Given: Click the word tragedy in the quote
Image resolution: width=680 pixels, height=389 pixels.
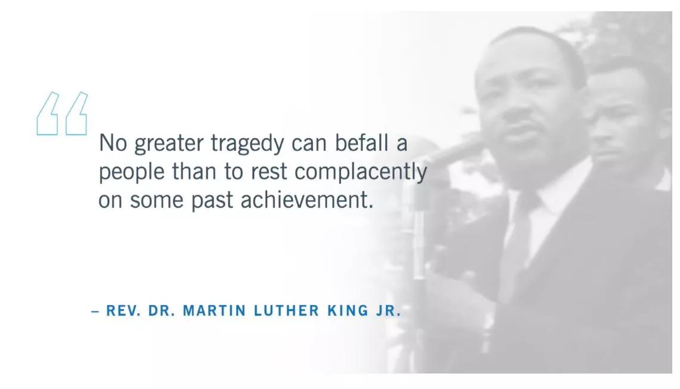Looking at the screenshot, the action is pos(247,144).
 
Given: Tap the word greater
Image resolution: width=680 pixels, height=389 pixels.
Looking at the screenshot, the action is pos(169,144).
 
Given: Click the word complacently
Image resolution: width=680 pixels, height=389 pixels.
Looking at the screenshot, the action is pos(361,172).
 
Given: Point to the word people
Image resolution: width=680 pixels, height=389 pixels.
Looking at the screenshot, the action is pos(132,172).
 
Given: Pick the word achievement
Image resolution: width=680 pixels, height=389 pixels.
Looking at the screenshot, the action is pos(307,200).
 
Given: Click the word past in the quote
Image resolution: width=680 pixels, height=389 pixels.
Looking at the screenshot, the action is pos(212,201).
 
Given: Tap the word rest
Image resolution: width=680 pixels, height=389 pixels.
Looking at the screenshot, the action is pos(269,172).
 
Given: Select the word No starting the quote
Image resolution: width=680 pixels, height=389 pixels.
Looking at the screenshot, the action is pos(113,142).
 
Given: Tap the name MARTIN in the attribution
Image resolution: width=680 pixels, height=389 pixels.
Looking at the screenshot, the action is pos(215,310).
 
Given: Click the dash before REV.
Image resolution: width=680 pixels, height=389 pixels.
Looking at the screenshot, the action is pos(95,311).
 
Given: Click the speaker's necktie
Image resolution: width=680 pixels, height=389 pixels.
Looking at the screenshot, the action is pos(520,242).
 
